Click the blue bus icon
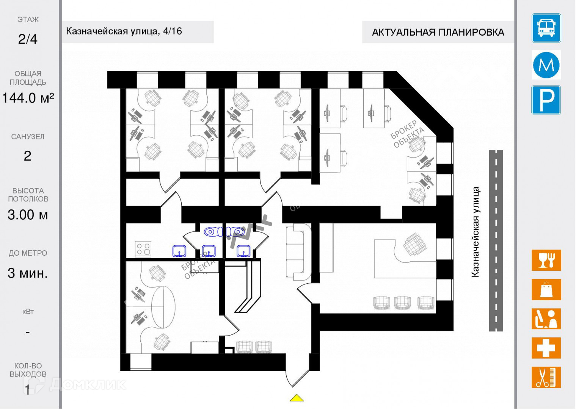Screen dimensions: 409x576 pyautogui.click(x=546, y=28)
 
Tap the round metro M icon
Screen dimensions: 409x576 pyautogui.click(x=546, y=65)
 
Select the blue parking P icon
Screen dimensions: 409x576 pyautogui.click(x=546, y=100)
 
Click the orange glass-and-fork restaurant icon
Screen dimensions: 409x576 pyautogui.click(x=546, y=260)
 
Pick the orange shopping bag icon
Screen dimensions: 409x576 pyautogui.click(x=546, y=290)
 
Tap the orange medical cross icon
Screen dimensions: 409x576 pyautogui.click(x=546, y=348)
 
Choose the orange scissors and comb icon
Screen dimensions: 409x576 pyautogui.click(x=546, y=377)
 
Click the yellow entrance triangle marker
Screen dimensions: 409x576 pyautogui.click(x=297, y=398)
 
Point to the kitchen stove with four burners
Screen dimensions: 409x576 pyautogui.click(x=143, y=249)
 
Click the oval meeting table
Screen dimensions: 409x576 pyautogui.click(x=163, y=307)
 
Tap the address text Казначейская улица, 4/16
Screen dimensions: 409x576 pyautogui.click(x=124, y=31)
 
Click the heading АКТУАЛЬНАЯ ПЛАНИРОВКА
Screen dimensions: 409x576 pyautogui.click(x=438, y=32)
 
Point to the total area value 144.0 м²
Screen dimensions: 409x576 pyautogui.click(x=28, y=98)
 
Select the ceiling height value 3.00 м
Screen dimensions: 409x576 pyautogui.click(x=28, y=215)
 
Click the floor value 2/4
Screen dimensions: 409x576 pyautogui.click(x=28, y=39)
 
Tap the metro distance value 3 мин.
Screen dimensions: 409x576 pyautogui.click(x=28, y=273)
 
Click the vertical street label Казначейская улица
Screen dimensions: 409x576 pyautogui.click(x=475, y=232)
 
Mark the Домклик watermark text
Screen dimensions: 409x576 pyautogui.click(x=87, y=384)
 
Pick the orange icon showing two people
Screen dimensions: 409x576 pyautogui.click(x=546, y=319)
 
